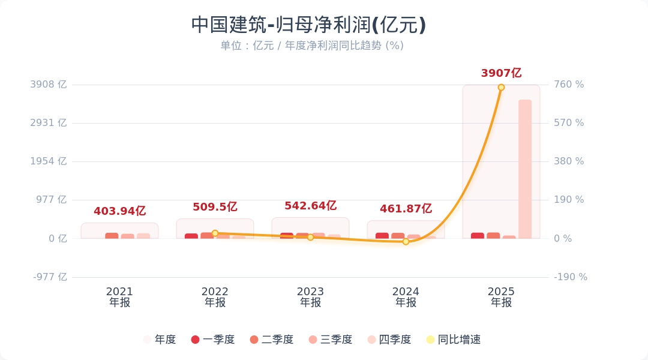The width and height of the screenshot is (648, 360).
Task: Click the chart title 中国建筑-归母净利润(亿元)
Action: (x=308, y=25)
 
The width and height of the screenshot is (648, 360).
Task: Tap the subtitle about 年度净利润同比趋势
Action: (x=312, y=46)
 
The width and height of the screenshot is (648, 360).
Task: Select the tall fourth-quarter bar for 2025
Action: (x=525, y=169)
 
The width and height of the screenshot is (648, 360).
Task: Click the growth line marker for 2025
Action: (x=501, y=88)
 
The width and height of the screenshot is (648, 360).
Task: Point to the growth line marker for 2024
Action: (x=406, y=241)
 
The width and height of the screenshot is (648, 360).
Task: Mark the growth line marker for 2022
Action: (x=215, y=233)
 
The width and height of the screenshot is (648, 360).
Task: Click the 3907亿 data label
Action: (x=501, y=73)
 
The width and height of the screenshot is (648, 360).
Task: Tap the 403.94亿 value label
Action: (x=119, y=211)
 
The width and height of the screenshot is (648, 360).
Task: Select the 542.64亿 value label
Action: (x=310, y=206)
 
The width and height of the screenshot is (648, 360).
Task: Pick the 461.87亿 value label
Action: (x=406, y=209)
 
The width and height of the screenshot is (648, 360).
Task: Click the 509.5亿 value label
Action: (x=215, y=207)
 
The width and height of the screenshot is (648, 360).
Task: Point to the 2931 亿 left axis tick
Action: (x=49, y=123)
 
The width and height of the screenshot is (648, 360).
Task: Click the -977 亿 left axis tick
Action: (x=49, y=277)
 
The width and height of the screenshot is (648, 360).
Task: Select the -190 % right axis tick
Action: (x=570, y=277)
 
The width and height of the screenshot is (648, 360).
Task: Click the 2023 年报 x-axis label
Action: (x=310, y=297)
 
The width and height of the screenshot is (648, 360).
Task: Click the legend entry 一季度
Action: (x=213, y=340)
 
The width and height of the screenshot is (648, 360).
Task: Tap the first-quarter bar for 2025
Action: (x=478, y=236)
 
